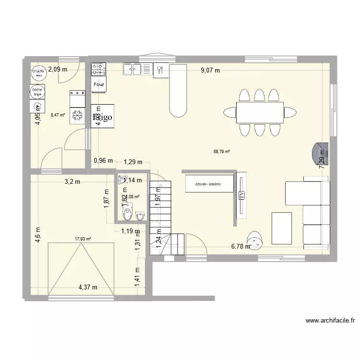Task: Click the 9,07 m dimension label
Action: coord(210,71)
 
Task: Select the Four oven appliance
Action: coord(99,85)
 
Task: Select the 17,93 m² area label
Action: coord(83,238)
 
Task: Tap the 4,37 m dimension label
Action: coord(88,288)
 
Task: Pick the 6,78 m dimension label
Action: coord(240,247)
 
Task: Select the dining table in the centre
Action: coord(259,113)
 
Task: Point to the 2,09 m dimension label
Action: coord(57,70)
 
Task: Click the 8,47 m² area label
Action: coord(58,115)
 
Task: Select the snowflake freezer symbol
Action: coord(77,116)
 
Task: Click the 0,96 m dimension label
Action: coord(103,161)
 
